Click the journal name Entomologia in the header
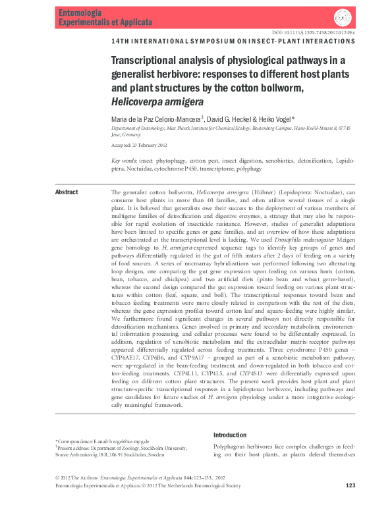tap(78, 13)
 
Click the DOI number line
tap(313, 33)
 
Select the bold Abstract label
tap(66, 192)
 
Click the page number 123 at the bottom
tap(350, 505)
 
